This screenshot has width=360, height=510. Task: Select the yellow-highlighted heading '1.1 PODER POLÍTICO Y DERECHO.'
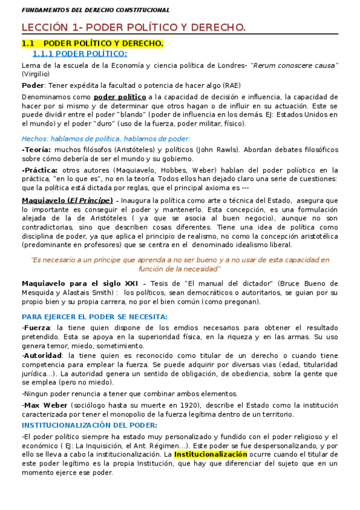tap(93, 44)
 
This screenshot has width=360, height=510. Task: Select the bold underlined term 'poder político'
tap(120, 97)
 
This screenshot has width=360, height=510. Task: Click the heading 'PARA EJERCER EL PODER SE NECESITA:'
tap(94, 316)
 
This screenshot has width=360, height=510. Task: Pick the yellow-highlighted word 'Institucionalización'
tap(210, 455)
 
